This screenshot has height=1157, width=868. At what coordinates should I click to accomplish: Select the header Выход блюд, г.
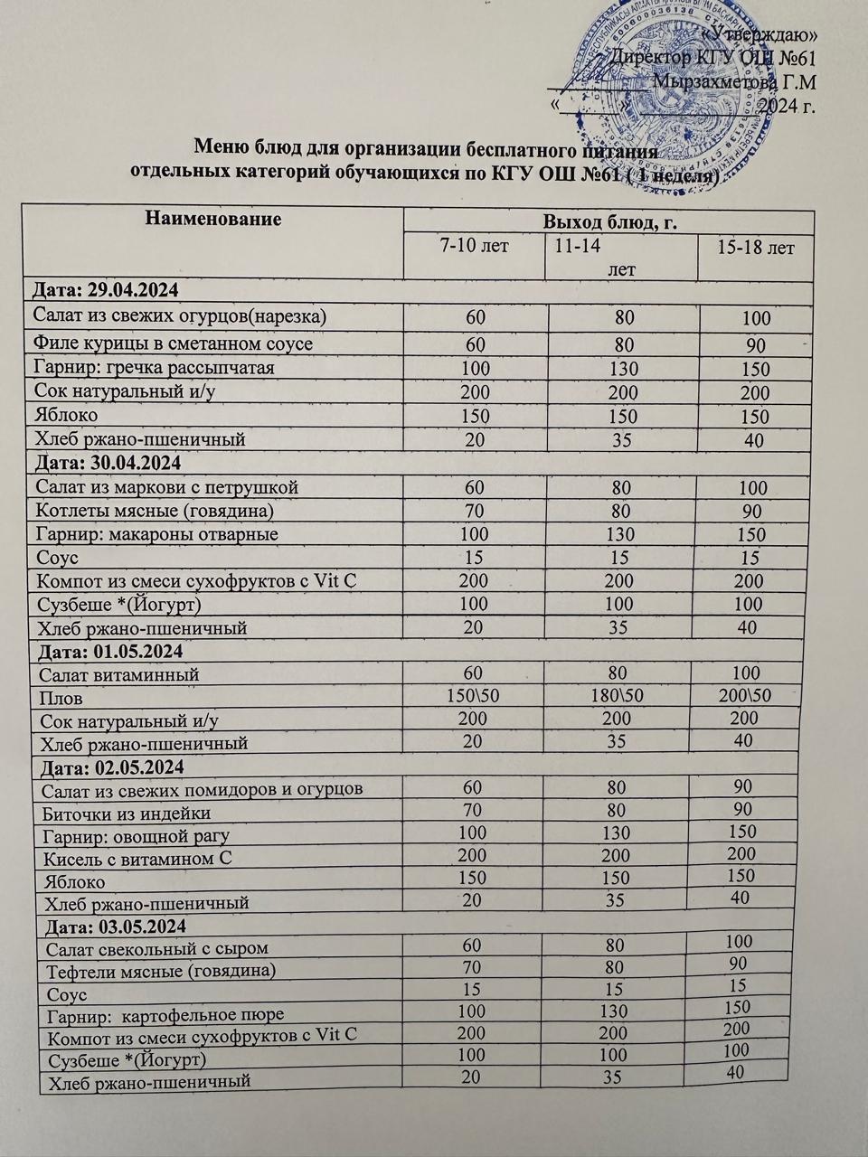coord(609,221)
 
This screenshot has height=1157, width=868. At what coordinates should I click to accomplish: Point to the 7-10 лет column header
coord(474,246)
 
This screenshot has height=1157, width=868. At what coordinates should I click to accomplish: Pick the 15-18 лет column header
coord(755,247)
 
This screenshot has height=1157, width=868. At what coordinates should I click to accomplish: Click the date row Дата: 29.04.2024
coord(106,291)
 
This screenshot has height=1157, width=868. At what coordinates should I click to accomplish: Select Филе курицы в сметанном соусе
coord(173,343)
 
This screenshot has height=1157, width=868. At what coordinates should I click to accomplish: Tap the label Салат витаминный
coord(118,674)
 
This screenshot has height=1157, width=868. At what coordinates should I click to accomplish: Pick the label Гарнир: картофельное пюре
coord(165,1015)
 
